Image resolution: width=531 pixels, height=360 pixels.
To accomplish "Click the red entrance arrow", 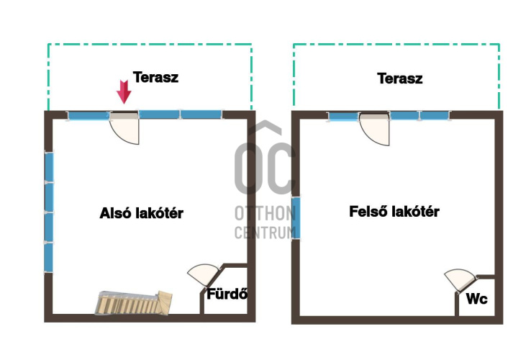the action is click(124, 92).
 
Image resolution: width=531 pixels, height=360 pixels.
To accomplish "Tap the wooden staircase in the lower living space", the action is click(133, 302).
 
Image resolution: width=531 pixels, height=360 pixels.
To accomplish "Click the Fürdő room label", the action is click(227, 294).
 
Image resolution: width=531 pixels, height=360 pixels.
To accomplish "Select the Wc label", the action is click(476, 299).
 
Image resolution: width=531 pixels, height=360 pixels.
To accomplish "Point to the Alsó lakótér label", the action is click(142, 213).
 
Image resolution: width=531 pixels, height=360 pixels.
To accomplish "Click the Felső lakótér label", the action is click(394, 212).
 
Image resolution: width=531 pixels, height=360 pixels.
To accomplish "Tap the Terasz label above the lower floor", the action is click(155, 77).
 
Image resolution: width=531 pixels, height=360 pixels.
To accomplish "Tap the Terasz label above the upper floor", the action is click(399, 78).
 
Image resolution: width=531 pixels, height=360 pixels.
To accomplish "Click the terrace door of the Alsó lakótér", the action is click(124, 128).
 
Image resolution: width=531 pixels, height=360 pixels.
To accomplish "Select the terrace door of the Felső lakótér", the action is click(375, 130).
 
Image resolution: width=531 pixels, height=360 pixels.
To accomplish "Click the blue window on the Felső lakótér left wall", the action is click(296, 218).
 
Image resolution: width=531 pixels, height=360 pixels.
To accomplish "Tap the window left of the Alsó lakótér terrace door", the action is click(88, 116).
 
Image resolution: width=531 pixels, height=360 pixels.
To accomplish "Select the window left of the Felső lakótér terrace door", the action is click(343, 117).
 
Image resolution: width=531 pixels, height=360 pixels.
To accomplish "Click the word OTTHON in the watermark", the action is click(265, 214).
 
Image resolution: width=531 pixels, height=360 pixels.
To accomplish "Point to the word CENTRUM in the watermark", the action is click(265, 233).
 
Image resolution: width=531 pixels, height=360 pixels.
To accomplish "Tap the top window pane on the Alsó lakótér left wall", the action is click(49, 167).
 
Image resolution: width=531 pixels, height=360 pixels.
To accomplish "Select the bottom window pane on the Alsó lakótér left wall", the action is click(49, 257).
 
